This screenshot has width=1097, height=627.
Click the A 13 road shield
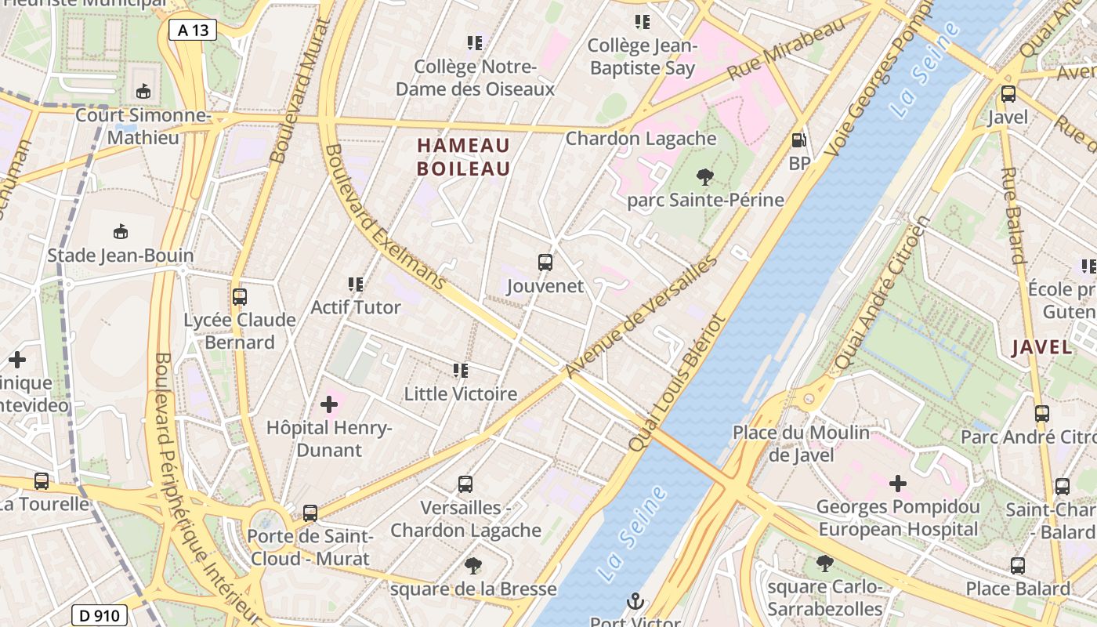[192, 30]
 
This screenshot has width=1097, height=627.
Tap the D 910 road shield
[100, 615]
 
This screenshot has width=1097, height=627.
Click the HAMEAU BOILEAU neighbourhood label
[463, 157]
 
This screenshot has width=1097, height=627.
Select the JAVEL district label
[1042, 347]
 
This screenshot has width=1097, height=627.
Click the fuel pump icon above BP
[799, 141]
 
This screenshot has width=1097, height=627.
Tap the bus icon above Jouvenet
[545, 263]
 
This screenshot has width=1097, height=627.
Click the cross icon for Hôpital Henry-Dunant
[329, 404]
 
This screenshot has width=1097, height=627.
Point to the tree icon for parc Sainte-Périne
[704, 177]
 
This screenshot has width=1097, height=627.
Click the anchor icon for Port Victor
[635, 602]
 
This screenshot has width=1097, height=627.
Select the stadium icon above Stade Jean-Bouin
[121, 232]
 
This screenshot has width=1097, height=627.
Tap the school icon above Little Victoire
[461, 370]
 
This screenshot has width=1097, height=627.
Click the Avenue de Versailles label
[641, 317]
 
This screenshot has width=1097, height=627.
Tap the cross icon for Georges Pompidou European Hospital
[898, 484]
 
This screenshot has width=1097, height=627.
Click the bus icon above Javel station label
[1008, 94]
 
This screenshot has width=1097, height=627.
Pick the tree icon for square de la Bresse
[472, 565]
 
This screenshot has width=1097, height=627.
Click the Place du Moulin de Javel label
[801, 443]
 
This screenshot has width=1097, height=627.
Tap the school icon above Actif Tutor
[356, 284]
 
